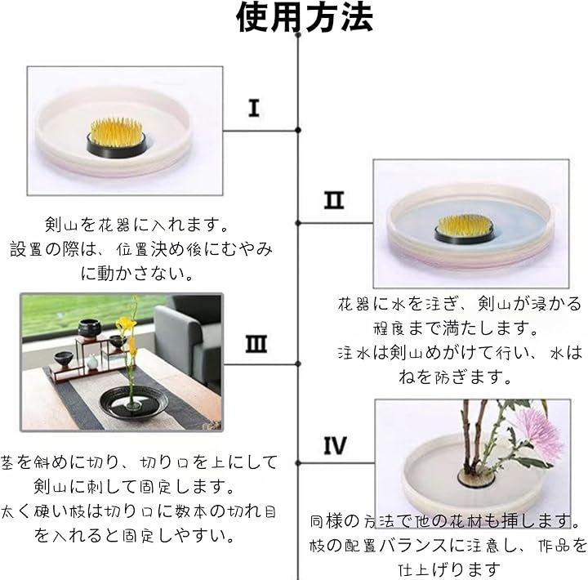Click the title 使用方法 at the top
(305, 16)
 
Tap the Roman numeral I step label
(254, 108)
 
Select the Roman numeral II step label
(334, 200)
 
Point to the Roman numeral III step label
(256, 344)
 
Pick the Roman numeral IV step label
(336, 445)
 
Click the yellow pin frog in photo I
(117, 138)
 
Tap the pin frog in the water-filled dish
(465, 229)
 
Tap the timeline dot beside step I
(298, 130)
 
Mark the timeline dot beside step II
(298, 223)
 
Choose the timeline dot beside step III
(298, 364)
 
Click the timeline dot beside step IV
(298, 463)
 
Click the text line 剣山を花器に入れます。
(137, 225)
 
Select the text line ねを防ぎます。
(455, 377)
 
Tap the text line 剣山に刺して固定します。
(134, 487)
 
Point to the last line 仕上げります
(449, 570)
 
